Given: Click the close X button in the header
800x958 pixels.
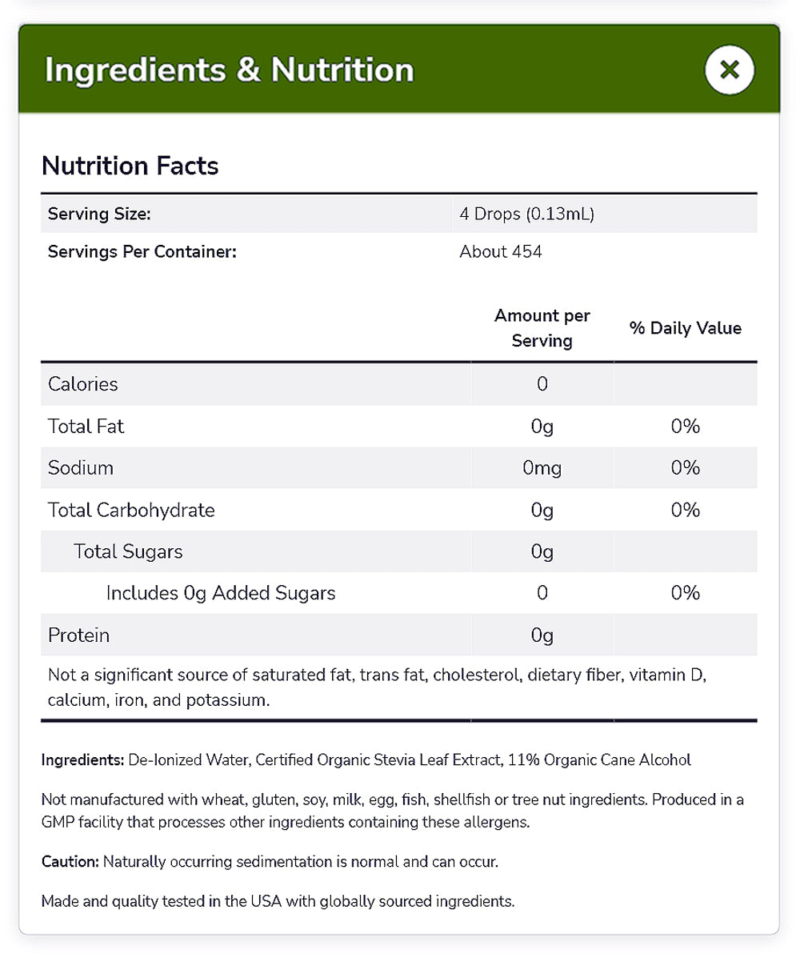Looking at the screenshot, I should (x=729, y=70).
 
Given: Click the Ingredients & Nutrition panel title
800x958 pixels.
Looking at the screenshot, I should (x=230, y=70).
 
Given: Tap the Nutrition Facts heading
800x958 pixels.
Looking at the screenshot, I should (x=130, y=166).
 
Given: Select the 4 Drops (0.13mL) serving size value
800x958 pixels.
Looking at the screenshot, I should (x=526, y=214).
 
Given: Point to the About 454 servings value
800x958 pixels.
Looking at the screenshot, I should (x=501, y=252).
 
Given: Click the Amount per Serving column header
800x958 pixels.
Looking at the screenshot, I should (x=542, y=328).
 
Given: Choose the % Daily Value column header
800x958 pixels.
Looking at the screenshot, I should (x=686, y=328).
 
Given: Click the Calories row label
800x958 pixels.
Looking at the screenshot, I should (x=83, y=384).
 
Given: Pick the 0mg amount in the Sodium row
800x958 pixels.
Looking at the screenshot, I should (x=542, y=468).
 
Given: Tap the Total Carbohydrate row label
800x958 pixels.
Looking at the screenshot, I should (x=131, y=510).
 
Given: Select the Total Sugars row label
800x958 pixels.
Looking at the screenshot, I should (x=128, y=551).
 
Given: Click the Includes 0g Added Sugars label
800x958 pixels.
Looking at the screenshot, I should (x=221, y=593).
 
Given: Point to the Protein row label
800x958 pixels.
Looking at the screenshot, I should (x=78, y=635).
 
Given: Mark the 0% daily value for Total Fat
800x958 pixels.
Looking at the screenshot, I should (x=686, y=427).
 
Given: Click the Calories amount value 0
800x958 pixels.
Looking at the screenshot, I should (x=542, y=384).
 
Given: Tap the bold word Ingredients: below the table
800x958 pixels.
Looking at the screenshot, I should (x=82, y=760).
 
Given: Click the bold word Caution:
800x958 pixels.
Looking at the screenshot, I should (x=70, y=862).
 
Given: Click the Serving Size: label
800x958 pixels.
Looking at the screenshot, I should (x=99, y=214).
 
